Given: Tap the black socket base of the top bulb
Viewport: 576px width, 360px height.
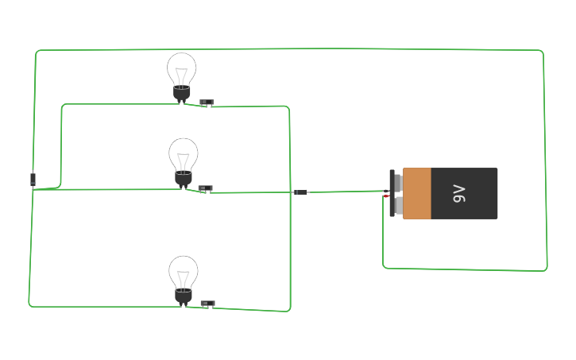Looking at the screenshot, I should click(x=182, y=95).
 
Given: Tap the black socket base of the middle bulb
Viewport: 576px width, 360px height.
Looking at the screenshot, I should click(x=184, y=180).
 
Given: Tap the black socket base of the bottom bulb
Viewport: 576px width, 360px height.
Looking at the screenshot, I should click(x=184, y=297).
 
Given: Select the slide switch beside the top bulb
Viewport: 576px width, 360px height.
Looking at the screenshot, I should click(x=207, y=103).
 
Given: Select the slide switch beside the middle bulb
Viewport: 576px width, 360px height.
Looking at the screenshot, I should click(x=206, y=188).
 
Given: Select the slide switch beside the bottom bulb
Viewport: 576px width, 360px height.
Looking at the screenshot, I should click(x=208, y=304).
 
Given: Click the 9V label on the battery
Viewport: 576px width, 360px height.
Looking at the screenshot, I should click(x=458, y=193).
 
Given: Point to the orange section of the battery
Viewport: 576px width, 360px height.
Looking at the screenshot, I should click(x=417, y=193).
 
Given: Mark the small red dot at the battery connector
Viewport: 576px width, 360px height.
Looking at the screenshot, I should click(x=386, y=196).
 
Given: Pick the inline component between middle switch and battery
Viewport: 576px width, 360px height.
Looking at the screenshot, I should click(x=301, y=192).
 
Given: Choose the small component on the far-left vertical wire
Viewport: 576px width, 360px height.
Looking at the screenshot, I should click(x=33, y=179).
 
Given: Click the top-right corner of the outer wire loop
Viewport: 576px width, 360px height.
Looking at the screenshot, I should click(x=542, y=52).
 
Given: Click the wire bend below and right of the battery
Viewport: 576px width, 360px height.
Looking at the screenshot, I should click(x=545, y=269).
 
